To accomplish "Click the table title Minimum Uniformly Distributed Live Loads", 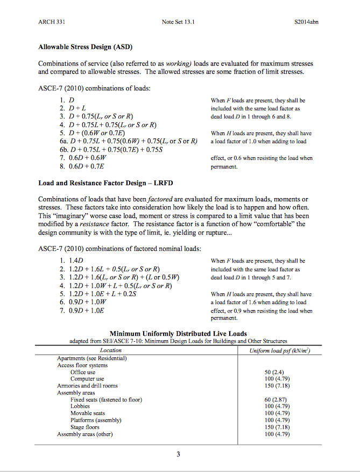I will [178, 334].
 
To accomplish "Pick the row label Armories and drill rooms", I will [87, 386].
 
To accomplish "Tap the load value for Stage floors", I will [274, 427].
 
